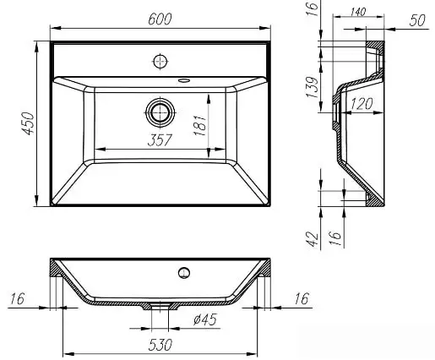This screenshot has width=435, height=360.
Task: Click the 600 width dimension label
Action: click(x=160, y=19)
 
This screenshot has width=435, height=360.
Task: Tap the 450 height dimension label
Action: click(x=28, y=123)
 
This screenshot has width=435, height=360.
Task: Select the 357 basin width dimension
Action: click(x=160, y=140)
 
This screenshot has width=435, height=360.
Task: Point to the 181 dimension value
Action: click(x=200, y=125)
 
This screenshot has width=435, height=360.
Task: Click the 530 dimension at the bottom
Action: click(x=160, y=345)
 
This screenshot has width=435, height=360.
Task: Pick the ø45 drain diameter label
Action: click(x=205, y=319)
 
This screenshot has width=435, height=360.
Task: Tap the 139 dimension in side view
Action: click(x=313, y=87)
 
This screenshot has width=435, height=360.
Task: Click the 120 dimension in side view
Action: click(x=362, y=104)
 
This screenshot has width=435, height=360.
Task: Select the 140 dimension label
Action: click(x=358, y=12)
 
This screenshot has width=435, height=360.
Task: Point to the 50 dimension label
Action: click(x=417, y=20)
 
